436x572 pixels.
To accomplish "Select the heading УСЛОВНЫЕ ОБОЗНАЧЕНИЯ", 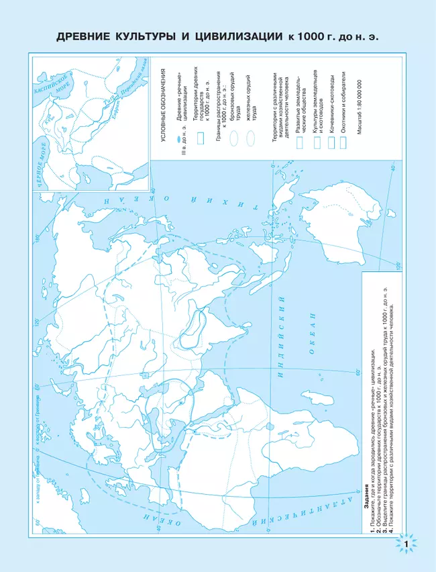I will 162,101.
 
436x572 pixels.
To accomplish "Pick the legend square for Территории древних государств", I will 199,138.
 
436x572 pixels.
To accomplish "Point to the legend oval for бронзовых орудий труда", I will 235,139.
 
